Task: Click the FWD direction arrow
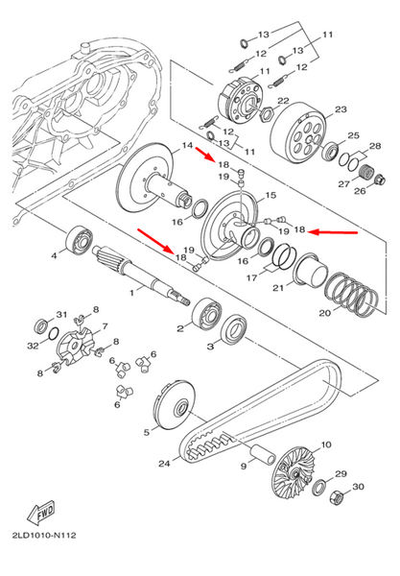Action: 41,512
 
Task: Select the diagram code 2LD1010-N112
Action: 44,536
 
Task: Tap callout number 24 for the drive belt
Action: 164,464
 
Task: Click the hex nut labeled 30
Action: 336,498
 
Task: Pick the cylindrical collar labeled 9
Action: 263,455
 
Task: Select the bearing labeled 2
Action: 207,315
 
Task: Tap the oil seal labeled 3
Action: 234,329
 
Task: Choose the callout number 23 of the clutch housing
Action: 341,109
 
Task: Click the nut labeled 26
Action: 379,180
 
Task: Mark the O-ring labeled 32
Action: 53,333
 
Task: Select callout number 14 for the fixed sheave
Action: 187,145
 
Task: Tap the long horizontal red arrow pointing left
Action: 333,231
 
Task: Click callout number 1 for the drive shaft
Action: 132,293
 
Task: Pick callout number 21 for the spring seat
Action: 278,288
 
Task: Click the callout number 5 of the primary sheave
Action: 147,432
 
